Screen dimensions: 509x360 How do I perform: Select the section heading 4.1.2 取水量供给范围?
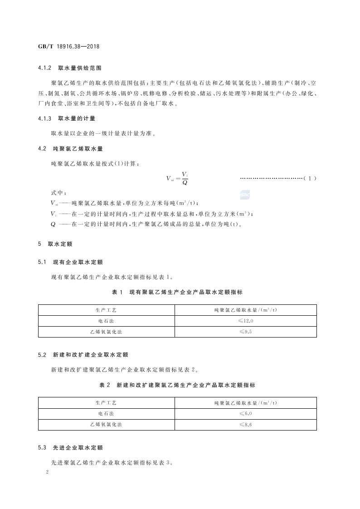click(x=70, y=69)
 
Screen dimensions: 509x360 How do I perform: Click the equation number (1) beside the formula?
click(x=310, y=178)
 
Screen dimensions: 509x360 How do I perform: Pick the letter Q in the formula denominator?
click(x=185, y=183)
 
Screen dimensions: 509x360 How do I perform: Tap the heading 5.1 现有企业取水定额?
click(x=70, y=262)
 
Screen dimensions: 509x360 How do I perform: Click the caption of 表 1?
click(x=177, y=292)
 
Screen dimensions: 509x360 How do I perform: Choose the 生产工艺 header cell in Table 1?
click(x=106, y=310)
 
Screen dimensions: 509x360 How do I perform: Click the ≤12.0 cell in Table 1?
click(x=245, y=321)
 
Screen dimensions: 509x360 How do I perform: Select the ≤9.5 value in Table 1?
click(x=245, y=332)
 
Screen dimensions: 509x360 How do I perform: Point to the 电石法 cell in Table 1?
click(x=106, y=321)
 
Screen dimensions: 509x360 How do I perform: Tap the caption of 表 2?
click(x=177, y=385)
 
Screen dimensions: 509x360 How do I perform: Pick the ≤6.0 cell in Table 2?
click(x=245, y=414)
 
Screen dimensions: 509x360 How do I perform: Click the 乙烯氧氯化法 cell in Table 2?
click(x=106, y=425)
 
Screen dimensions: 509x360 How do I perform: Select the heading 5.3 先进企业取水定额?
click(x=70, y=448)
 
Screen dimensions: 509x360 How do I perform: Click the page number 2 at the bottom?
click(x=47, y=472)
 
